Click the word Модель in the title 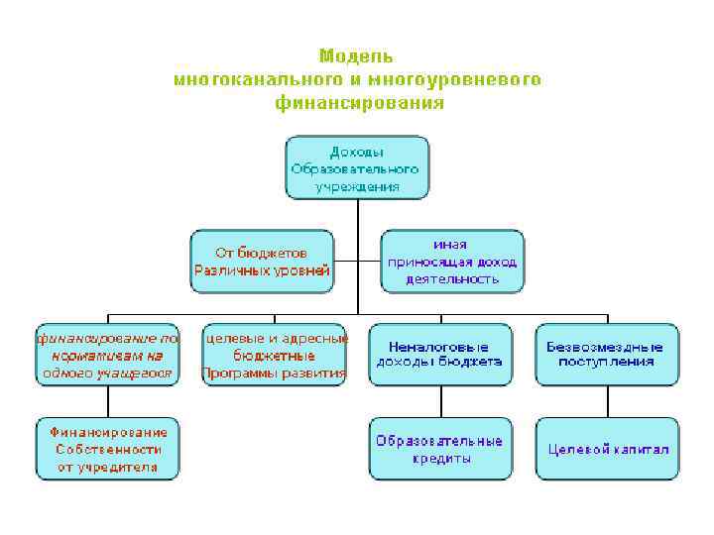(356, 55)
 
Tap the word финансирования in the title (359, 102)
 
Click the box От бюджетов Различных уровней (262, 262)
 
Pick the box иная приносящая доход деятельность (452, 262)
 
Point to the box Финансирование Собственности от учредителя (107, 449)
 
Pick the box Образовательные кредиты (439, 449)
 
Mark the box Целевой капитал (606, 449)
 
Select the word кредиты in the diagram (439, 459)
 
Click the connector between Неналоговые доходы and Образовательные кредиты (439, 401)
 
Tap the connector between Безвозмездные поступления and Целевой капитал (606, 401)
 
